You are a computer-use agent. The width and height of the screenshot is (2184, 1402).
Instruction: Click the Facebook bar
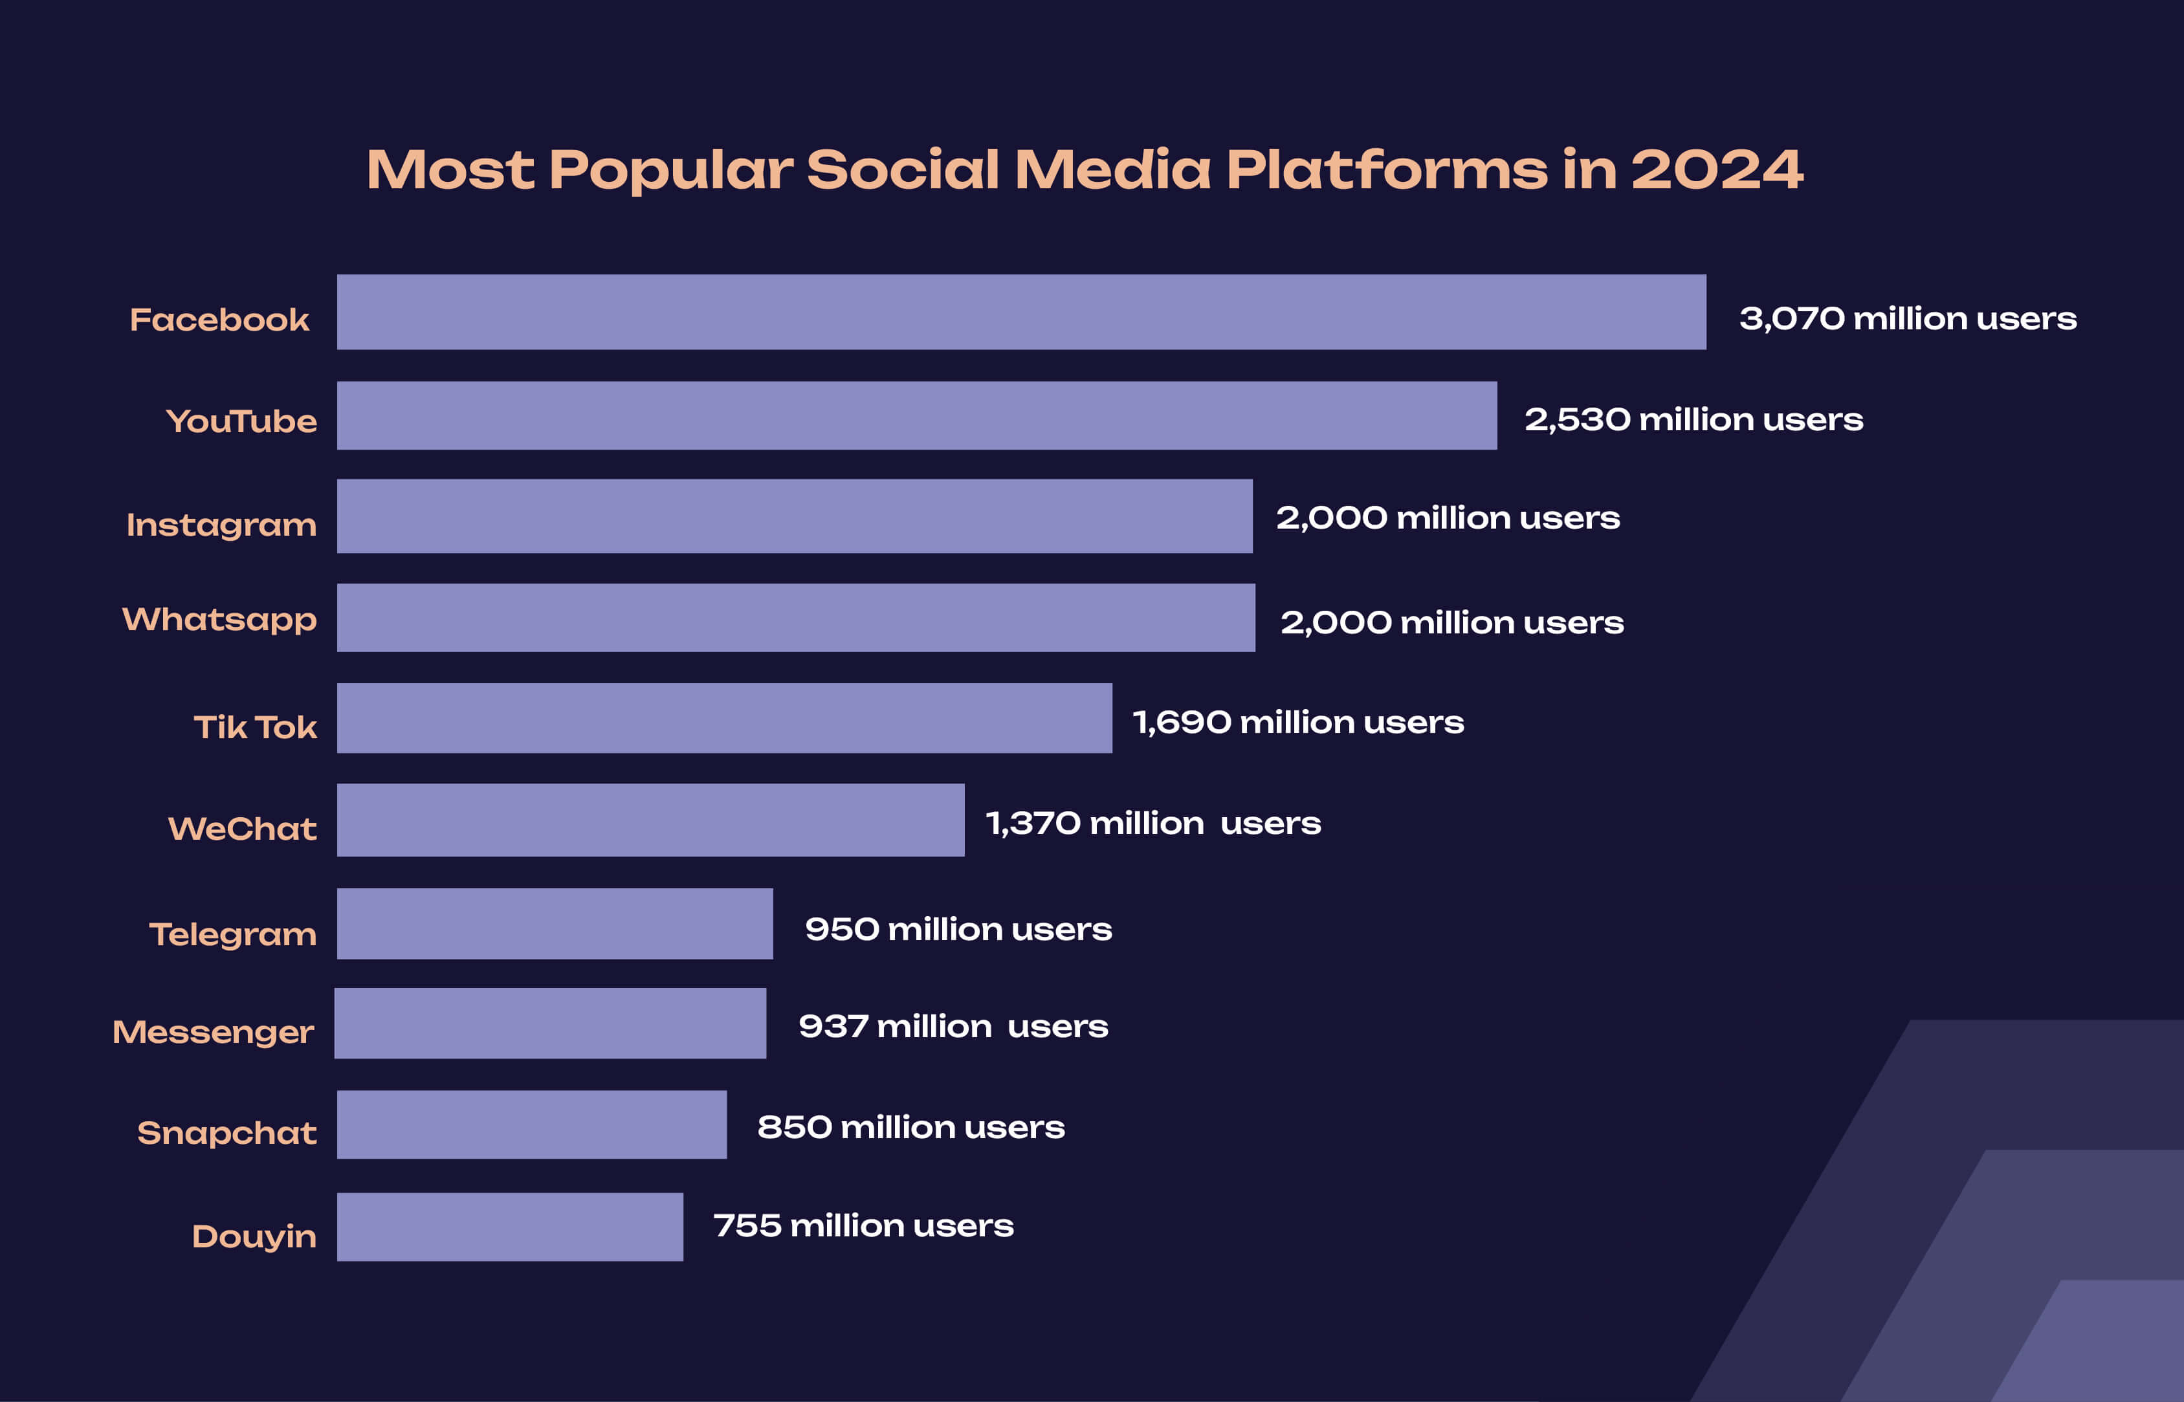pos(1020,312)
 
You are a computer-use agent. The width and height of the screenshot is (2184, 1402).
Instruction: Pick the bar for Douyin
pos(510,1227)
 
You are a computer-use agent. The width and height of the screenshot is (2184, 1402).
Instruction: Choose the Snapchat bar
pos(532,1125)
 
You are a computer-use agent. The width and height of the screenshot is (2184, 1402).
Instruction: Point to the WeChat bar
pos(650,820)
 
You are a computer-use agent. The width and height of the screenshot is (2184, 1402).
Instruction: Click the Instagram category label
pos(221,525)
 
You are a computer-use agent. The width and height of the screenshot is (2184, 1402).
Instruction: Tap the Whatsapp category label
pos(219,620)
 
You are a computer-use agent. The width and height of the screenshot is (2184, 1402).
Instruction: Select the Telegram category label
pos(232,934)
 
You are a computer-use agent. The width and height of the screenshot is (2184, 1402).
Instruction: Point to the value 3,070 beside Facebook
pos(1792,318)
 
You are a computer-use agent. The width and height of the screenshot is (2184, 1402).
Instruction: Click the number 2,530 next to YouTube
pos(1577,420)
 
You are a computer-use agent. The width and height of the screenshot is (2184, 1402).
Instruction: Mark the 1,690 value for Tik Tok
pos(1181,723)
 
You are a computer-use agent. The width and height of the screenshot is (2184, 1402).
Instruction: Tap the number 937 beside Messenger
pos(832,1027)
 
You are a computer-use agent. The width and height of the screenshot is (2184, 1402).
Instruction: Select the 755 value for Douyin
pos(747,1225)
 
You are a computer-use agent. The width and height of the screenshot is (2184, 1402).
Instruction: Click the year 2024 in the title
pos(1716,170)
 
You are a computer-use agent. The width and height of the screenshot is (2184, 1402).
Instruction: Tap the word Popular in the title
pos(671,170)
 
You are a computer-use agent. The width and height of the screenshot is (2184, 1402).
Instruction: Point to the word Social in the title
pos(903,170)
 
